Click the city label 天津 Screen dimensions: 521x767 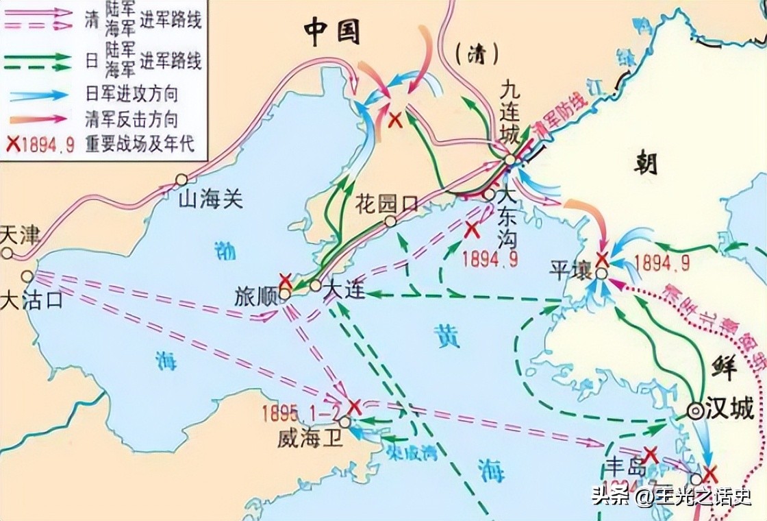[x=20, y=235]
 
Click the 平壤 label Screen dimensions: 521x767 [x=569, y=269]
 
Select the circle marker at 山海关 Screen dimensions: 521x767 [x=181, y=180]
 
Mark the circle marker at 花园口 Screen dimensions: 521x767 [x=390, y=221]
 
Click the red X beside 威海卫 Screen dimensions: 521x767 [x=354, y=406]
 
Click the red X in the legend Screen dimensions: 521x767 [x=12, y=144]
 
